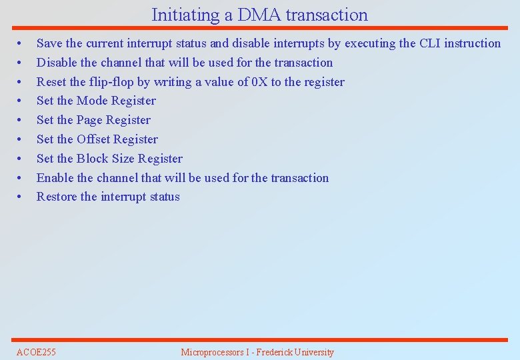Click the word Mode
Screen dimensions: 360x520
tap(92, 101)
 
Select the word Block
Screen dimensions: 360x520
tap(92, 159)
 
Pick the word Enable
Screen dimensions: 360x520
tap(55, 178)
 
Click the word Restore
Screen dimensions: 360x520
tap(57, 197)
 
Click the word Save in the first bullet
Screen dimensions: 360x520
tap(49, 43)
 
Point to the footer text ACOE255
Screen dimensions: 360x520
tap(36, 352)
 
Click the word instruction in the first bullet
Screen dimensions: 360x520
tap(473, 43)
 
